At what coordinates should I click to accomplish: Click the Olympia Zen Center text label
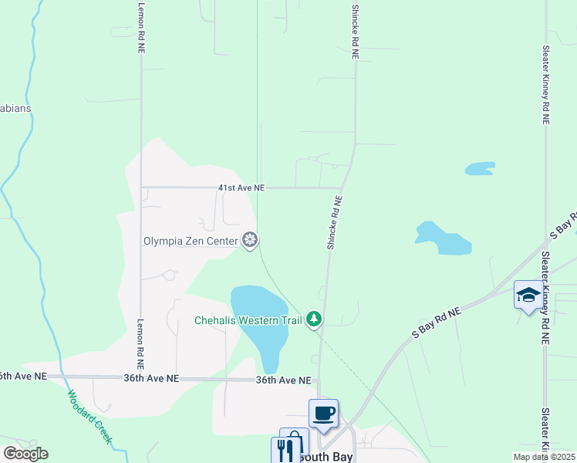click(191, 241)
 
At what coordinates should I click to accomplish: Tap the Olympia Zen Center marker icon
click(250, 241)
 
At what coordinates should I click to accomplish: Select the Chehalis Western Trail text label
click(248, 319)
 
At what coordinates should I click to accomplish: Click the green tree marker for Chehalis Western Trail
click(313, 319)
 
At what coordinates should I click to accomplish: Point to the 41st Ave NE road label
click(241, 188)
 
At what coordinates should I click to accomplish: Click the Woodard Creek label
click(91, 417)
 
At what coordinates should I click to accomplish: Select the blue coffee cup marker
click(324, 413)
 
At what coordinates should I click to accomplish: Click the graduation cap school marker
click(528, 296)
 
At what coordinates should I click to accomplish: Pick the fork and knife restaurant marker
click(285, 450)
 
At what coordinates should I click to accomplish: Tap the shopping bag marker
click(294, 441)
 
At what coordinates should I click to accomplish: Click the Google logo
click(25, 454)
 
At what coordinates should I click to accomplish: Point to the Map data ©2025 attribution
click(545, 457)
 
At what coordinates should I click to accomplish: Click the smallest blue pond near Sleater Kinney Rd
click(479, 168)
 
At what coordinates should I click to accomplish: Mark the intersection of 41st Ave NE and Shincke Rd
click(342, 187)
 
